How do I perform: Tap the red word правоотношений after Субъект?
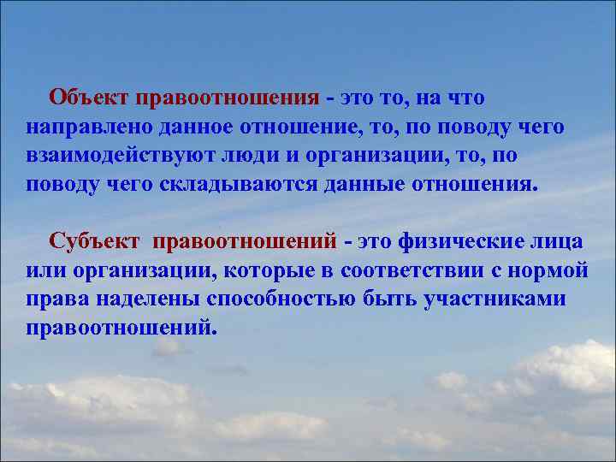[x=246, y=241]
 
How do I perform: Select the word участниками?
[x=491, y=299]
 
